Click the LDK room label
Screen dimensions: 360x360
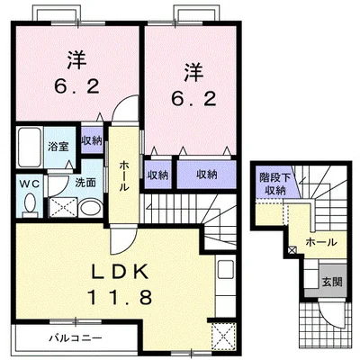coord(120,272)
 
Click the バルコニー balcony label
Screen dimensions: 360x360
coord(76,338)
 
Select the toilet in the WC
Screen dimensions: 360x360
coord(30,206)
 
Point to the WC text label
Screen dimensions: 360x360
coord(30,184)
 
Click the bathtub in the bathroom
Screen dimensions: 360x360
coord(29,148)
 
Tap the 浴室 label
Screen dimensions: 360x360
coord(58,147)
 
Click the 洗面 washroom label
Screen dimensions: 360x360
coord(85,183)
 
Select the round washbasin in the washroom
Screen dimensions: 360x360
coord(91,207)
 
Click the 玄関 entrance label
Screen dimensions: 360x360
coord(332,282)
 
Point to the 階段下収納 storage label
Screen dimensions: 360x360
coord(275,184)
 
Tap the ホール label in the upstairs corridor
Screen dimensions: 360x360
coord(124,175)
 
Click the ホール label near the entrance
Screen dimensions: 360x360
coord(321,242)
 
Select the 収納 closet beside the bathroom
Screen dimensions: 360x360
coord(92,140)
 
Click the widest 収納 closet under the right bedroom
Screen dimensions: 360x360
coord(207,175)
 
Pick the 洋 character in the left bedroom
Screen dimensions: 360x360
coord(76,60)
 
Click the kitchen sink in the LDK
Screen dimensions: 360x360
coord(226,269)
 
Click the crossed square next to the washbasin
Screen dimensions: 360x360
coord(63,207)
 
